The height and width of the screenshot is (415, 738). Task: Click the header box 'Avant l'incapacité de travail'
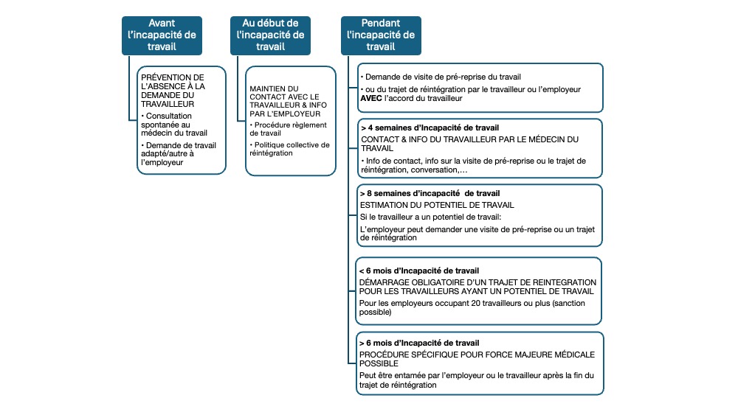162,35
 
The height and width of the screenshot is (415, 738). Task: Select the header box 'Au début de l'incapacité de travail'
270,35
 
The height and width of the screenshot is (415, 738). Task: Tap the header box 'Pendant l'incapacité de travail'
381,35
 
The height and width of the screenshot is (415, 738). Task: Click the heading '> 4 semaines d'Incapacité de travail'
414,128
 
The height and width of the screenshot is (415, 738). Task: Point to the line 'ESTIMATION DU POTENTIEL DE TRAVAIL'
437,204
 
